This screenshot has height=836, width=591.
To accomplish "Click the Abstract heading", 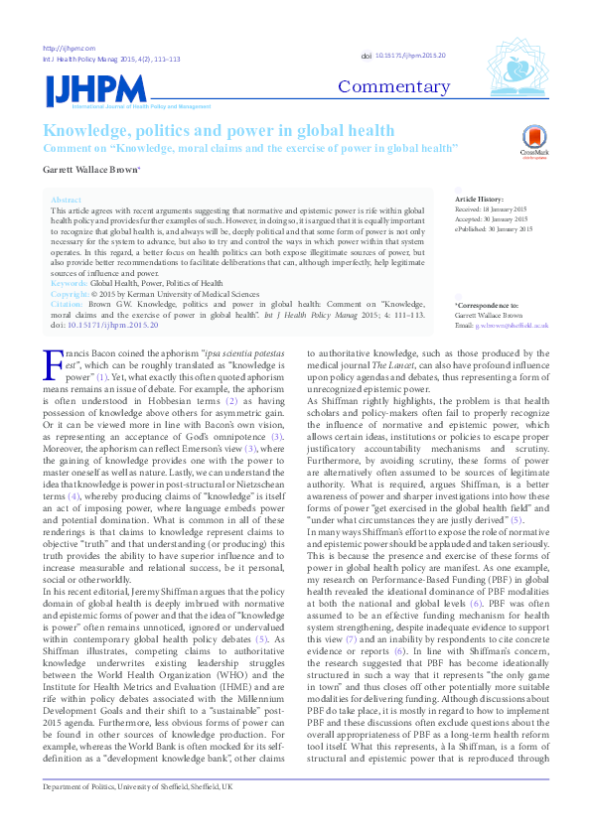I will (66, 200).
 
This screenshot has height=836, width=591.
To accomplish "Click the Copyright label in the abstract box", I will (70, 295).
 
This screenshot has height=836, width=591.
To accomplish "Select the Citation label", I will (68, 306).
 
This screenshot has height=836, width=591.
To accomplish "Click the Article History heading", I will (479, 200).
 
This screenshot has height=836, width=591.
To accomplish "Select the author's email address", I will (513, 326).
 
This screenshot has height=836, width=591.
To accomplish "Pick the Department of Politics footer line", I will (137, 813).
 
